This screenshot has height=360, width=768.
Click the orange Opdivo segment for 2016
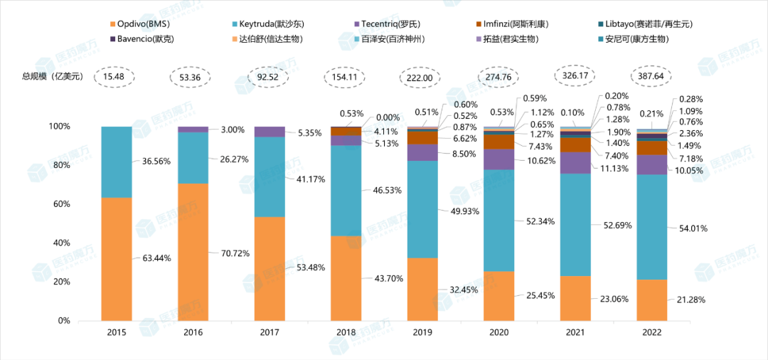point(193,252)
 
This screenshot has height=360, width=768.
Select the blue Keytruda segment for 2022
point(652,227)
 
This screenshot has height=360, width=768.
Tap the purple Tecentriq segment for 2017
point(270,132)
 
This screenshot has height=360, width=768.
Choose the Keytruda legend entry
point(273,24)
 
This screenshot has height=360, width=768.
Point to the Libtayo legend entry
point(644,24)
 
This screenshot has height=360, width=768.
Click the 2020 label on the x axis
point(498,333)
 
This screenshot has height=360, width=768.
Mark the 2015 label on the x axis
point(116,333)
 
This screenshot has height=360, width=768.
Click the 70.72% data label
point(232,252)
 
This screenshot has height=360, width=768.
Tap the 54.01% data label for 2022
point(691,228)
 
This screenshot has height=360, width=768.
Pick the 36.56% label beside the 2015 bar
point(155,162)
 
